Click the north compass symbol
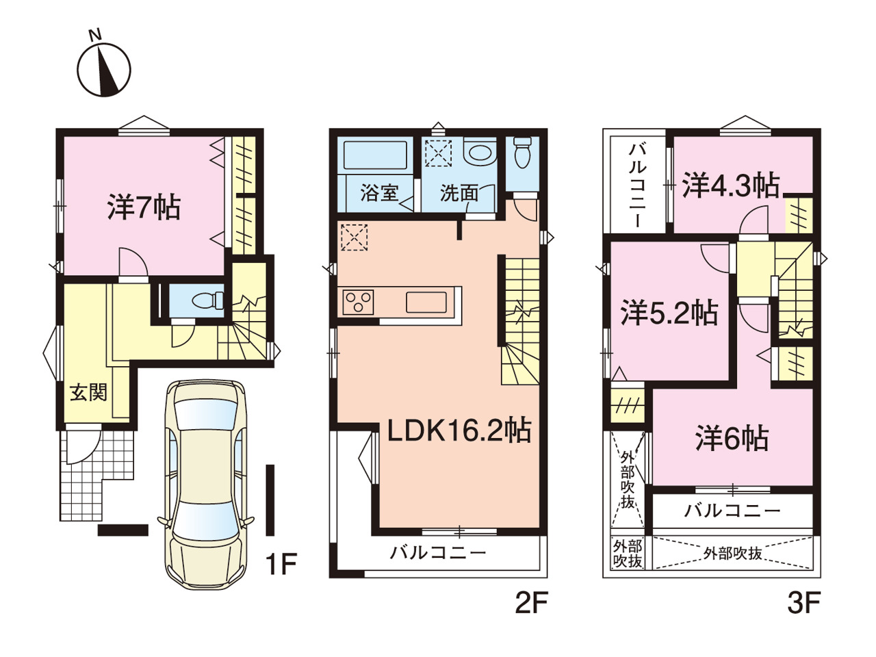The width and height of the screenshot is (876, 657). (x=104, y=68)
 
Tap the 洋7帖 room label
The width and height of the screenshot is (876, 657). (x=144, y=207)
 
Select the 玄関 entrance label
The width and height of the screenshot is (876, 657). (x=88, y=393)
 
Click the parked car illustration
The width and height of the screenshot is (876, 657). (x=205, y=485)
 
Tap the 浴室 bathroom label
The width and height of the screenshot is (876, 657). (x=380, y=193)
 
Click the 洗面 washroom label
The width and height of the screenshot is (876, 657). (x=459, y=193)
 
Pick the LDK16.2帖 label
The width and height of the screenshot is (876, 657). (x=459, y=430)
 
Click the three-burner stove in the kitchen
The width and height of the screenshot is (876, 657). (x=358, y=302)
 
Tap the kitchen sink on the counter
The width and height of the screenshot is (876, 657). (x=426, y=302)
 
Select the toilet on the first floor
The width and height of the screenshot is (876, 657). (x=207, y=300)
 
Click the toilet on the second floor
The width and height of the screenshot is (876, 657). (x=522, y=153)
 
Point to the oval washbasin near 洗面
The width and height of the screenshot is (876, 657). (x=479, y=153)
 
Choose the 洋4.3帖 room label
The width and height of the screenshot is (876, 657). (x=731, y=185)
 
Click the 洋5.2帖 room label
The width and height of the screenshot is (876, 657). (x=669, y=312)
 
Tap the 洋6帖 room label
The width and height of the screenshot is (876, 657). (x=732, y=438)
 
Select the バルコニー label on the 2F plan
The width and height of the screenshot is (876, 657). (x=438, y=552)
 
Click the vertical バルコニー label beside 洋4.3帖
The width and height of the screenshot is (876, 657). (x=637, y=186)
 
